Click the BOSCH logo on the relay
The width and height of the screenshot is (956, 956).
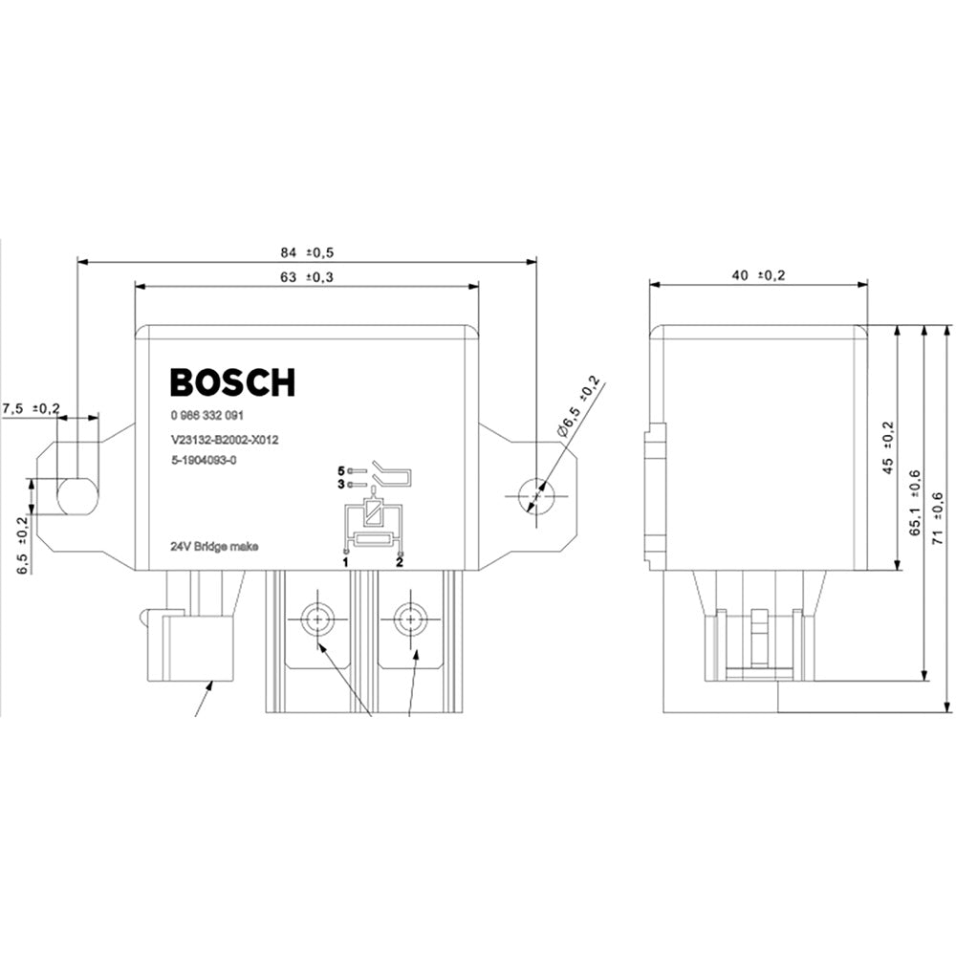[x=232, y=382]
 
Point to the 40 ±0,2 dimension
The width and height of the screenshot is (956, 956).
[x=757, y=275]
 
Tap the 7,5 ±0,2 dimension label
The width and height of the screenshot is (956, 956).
[x=32, y=408]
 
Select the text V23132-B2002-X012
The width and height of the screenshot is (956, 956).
[x=224, y=441]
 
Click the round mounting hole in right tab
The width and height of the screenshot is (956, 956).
[x=534, y=495]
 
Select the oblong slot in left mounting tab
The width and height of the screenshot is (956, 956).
[x=77, y=496]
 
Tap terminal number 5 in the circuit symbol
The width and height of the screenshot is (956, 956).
[x=339, y=470]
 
